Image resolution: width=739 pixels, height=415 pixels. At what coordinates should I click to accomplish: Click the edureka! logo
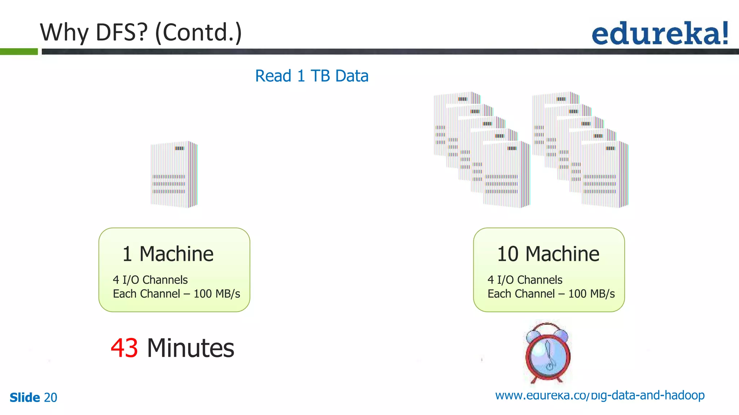(660, 34)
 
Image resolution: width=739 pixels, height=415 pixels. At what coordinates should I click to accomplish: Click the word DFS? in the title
(122, 32)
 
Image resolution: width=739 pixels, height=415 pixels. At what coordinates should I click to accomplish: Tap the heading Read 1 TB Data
(312, 76)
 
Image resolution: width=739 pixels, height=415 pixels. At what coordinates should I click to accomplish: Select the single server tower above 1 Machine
(174, 174)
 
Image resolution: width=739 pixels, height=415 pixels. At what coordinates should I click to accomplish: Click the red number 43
(124, 348)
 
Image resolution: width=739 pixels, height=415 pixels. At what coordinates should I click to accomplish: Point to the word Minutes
(191, 348)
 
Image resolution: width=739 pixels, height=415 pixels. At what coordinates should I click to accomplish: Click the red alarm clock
(547, 353)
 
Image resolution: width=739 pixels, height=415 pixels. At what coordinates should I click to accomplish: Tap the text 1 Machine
(168, 254)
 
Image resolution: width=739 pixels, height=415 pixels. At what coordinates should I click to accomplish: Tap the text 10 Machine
(548, 254)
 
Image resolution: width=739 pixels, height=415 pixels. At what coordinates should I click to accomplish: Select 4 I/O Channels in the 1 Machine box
(150, 280)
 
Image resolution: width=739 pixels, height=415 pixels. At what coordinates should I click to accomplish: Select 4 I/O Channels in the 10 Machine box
(525, 280)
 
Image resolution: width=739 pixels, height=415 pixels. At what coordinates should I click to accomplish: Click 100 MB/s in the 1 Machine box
(217, 294)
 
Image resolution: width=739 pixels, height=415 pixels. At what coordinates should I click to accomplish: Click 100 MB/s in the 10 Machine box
(591, 294)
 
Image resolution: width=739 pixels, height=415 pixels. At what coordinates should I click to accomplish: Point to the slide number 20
(51, 398)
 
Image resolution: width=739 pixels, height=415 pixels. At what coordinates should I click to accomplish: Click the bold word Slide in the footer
(25, 398)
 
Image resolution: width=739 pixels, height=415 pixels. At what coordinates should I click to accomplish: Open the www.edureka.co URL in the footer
(600, 396)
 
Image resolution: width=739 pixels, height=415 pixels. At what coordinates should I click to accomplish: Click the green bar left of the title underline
(19, 52)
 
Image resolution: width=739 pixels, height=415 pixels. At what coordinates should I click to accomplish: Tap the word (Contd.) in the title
(198, 32)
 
